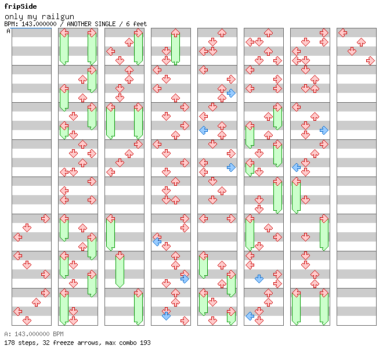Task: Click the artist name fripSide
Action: coord(20,6)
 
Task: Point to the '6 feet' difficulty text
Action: coord(136,24)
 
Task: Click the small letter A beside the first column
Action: coord(8,31)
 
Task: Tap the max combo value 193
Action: coord(145,343)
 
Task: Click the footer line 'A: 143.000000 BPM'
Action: coord(34,334)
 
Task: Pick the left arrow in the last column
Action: coord(343,33)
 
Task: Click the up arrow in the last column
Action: coord(361,42)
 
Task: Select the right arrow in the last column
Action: coord(370,61)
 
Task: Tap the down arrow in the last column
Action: coord(352,51)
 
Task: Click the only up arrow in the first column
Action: coord(37,303)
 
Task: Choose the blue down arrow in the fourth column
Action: coord(166,316)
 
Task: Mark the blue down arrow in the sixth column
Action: coord(259,279)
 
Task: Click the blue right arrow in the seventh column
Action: coord(324,130)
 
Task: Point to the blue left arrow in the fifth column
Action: coord(204,130)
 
